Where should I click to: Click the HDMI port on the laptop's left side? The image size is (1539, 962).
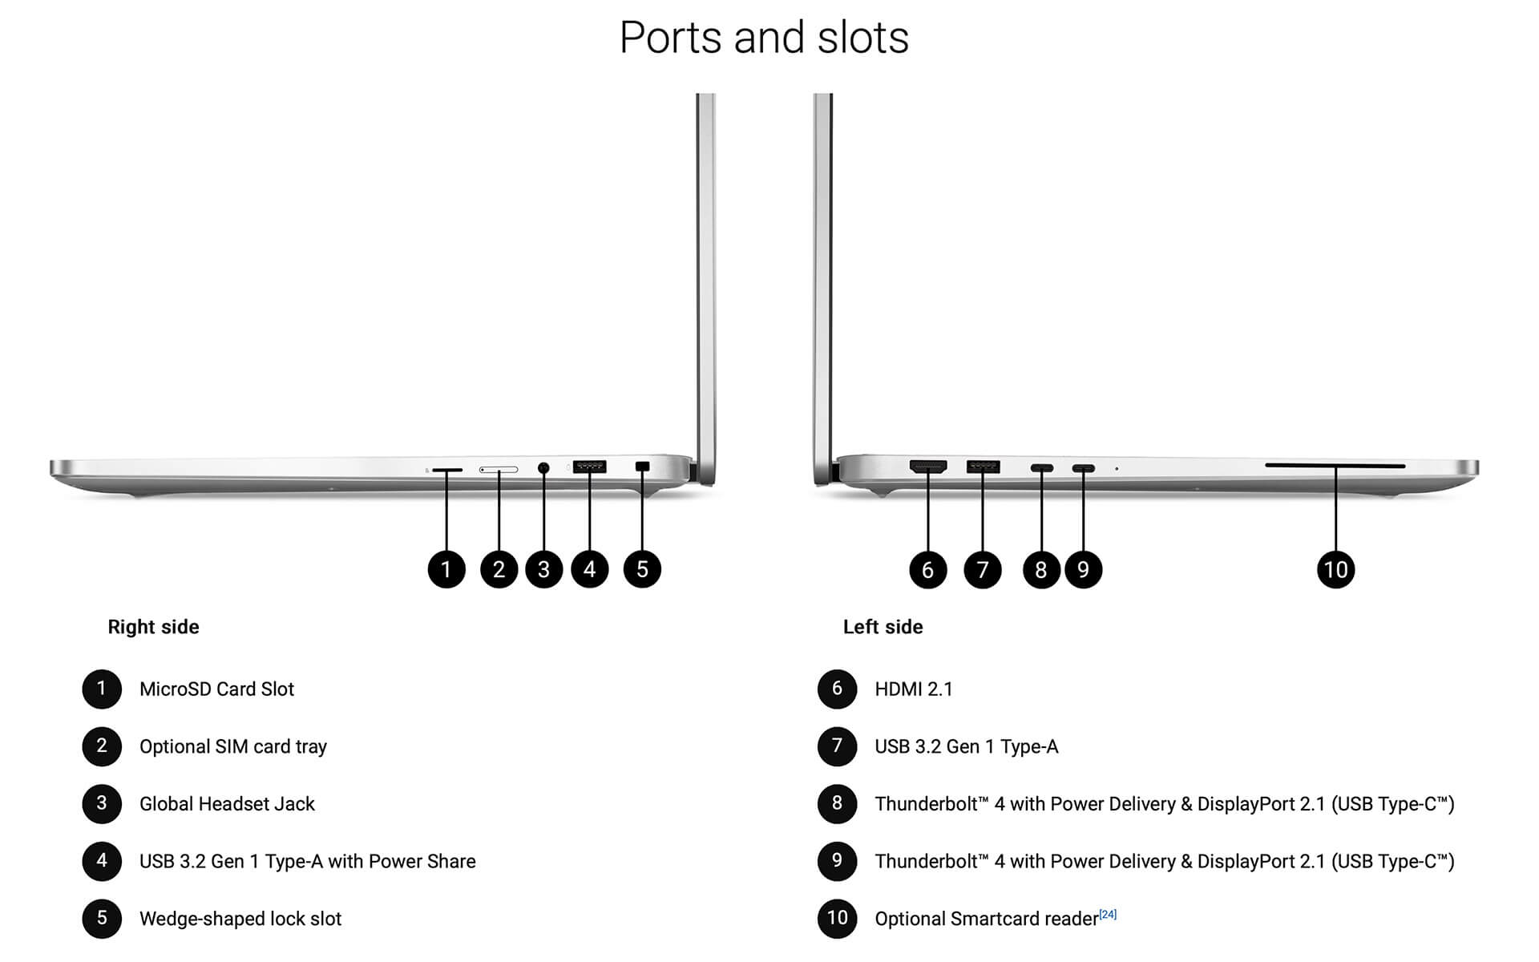tap(927, 466)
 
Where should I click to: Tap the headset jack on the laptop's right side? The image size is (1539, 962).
tap(543, 467)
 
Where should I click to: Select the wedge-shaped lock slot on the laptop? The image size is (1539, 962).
tap(642, 466)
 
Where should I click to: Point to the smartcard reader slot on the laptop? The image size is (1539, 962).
tap(1335, 465)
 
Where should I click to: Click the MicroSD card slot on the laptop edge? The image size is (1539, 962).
tap(446, 469)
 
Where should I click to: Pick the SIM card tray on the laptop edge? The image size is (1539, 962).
tap(499, 469)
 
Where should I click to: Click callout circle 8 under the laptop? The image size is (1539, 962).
tap(1040, 570)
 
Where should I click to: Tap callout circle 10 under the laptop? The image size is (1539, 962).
tap(1335, 570)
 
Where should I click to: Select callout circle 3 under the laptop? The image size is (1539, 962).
tap(543, 570)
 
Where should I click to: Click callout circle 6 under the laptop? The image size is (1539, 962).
tap(927, 570)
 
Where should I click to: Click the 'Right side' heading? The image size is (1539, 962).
tap(153, 627)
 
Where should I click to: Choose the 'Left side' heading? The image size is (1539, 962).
tap(883, 627)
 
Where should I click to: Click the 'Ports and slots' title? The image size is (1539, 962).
tap(764, 38)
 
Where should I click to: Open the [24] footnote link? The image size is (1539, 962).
tap(1108, 914)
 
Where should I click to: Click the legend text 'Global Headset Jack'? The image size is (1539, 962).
tap(227, 804)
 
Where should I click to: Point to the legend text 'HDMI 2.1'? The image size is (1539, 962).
tap(913, 689)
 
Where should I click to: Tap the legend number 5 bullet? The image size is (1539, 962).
tap(102, 919)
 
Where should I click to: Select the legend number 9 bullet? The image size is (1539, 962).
tap(837, 861)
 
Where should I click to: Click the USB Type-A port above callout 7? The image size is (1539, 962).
tap(983, 467)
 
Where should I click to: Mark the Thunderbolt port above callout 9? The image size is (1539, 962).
tap(1083, 468)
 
